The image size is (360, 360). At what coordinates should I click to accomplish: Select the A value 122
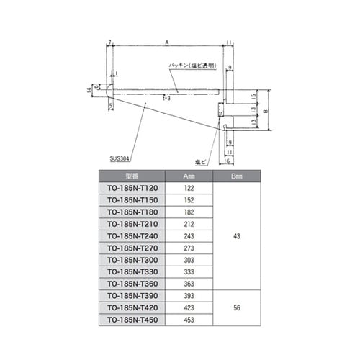tap(189, 188)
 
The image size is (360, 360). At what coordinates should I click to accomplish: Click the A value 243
tap(189, 235)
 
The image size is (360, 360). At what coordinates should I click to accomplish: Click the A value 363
tap(189, 283)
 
